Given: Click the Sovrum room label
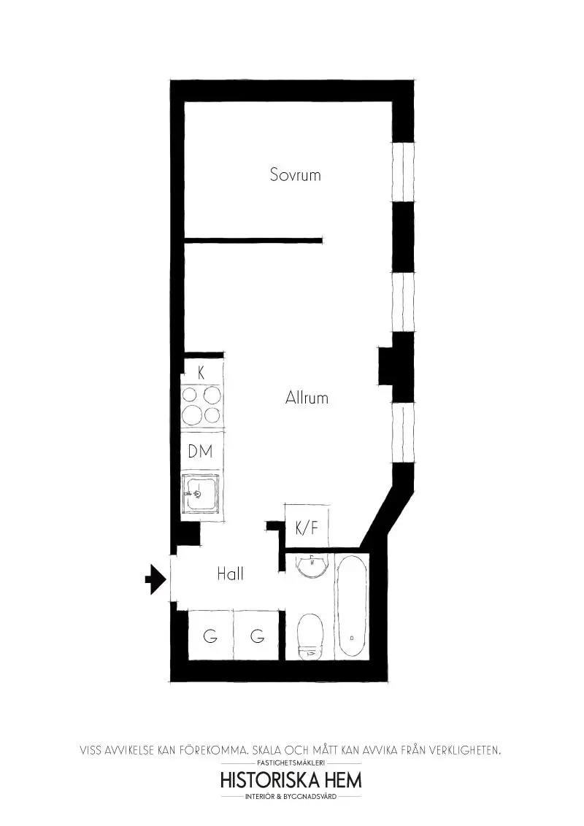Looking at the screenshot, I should [295, 175].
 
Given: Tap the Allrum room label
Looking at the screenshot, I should [307, 398].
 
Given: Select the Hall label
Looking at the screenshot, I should [230, 574].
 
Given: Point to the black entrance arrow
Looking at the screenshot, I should [154, 579].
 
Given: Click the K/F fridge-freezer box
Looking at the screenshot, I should [306, 528].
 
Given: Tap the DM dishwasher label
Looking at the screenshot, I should [200, 452].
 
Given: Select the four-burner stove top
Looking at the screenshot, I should [201, 405].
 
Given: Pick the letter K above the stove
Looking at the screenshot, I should [201, 372].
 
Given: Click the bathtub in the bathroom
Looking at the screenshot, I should [353, 607].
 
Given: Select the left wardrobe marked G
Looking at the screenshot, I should [210, 636].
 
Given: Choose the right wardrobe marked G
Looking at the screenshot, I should [257, 636].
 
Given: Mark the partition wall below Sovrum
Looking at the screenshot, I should [253, 239].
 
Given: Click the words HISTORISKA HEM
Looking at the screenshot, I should [291, 780].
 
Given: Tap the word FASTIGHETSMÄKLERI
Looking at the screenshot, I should [291, 763].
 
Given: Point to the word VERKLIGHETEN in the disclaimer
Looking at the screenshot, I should [462, 749].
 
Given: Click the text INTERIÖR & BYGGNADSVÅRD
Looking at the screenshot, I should [291, 797].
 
